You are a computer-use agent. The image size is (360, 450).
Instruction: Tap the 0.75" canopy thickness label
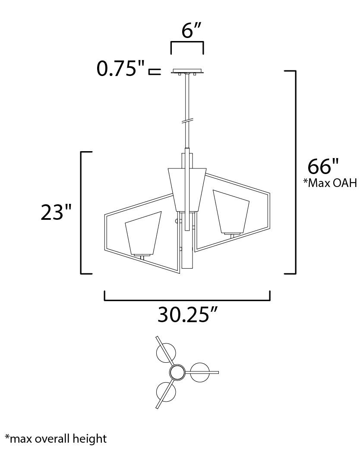[x=120, y=69]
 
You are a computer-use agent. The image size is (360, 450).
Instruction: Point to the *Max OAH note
[x=330, y=183]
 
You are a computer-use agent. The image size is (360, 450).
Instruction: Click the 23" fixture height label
[x=56, y=212]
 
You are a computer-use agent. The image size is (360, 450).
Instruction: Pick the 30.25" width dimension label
[x=188, y=314]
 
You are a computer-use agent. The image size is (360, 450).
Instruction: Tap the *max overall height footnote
[x=56, y=439]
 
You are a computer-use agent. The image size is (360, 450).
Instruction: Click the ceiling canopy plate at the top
[x=187, y=71]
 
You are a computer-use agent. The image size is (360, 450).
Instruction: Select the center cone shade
[x=187, y=190]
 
